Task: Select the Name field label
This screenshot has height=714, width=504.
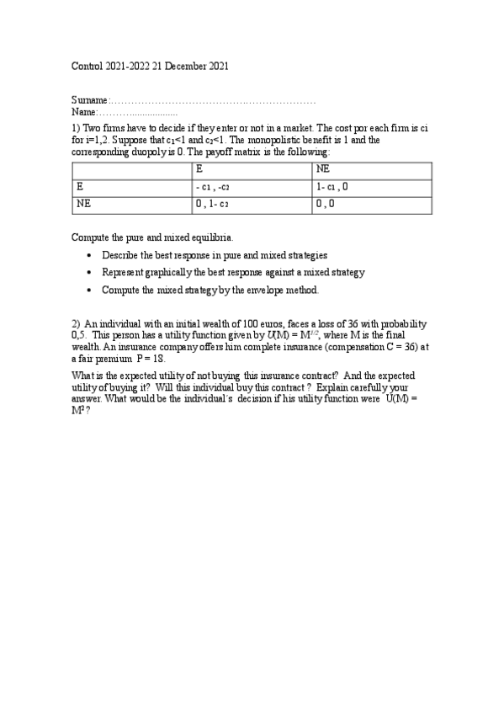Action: (x=84, y=111)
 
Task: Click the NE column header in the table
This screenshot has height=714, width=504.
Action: (x=323, y=169)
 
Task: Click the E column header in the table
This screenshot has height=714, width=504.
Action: (x=199, y=169)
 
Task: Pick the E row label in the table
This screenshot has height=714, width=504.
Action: (x=79, y=186)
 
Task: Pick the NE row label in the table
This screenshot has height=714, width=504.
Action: (x=83, y=204)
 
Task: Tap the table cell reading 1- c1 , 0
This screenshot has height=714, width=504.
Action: (x=332, y=187)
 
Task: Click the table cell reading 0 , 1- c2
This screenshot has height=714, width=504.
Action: (x=212, y=205)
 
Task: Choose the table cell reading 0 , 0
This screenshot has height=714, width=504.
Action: (x=326, y=205)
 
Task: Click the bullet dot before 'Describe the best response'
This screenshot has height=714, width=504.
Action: (x=90, y=255)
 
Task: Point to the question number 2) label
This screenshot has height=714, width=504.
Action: (x=76, y=324)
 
